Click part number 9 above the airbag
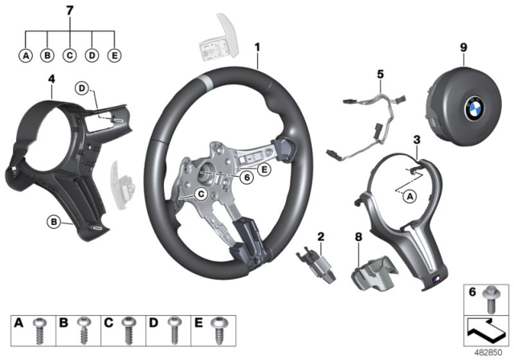[x=463, y=47]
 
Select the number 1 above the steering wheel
[x=257, y=47]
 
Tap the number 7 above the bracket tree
[x=70, y=10]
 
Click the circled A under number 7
[x=26, y=55]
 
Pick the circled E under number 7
[x=115, y=55]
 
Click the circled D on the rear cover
[x=81, y=87]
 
